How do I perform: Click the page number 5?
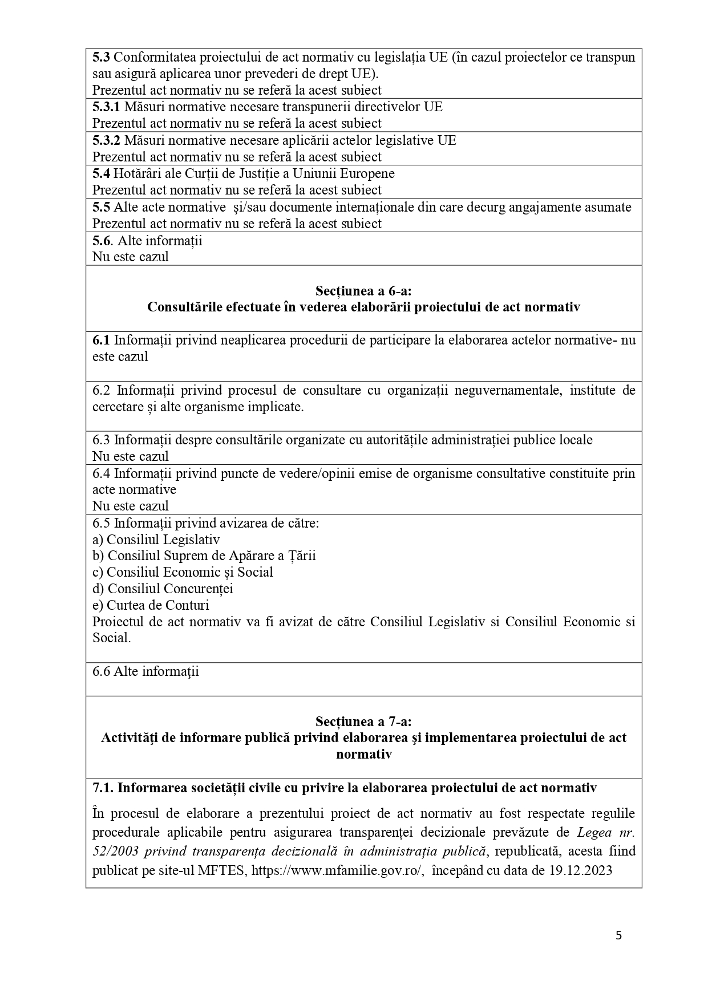tap(618, 935)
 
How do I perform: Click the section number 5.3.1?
tap(107, 107)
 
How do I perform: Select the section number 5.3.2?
tap(107, 140)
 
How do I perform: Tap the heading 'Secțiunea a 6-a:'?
tap(363, 291)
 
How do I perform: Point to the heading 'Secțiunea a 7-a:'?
tap(363, 721)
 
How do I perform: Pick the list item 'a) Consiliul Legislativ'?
tap(156, 540)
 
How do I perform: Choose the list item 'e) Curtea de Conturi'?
tap(151, 605)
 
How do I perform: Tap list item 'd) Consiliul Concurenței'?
tap(163, 589)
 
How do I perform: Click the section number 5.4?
tap(101, 173)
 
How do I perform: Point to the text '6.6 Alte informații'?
tap(145, 671)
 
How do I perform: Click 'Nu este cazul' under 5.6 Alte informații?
tap(131, 257)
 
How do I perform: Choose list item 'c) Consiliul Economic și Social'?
tap(183, 572)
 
